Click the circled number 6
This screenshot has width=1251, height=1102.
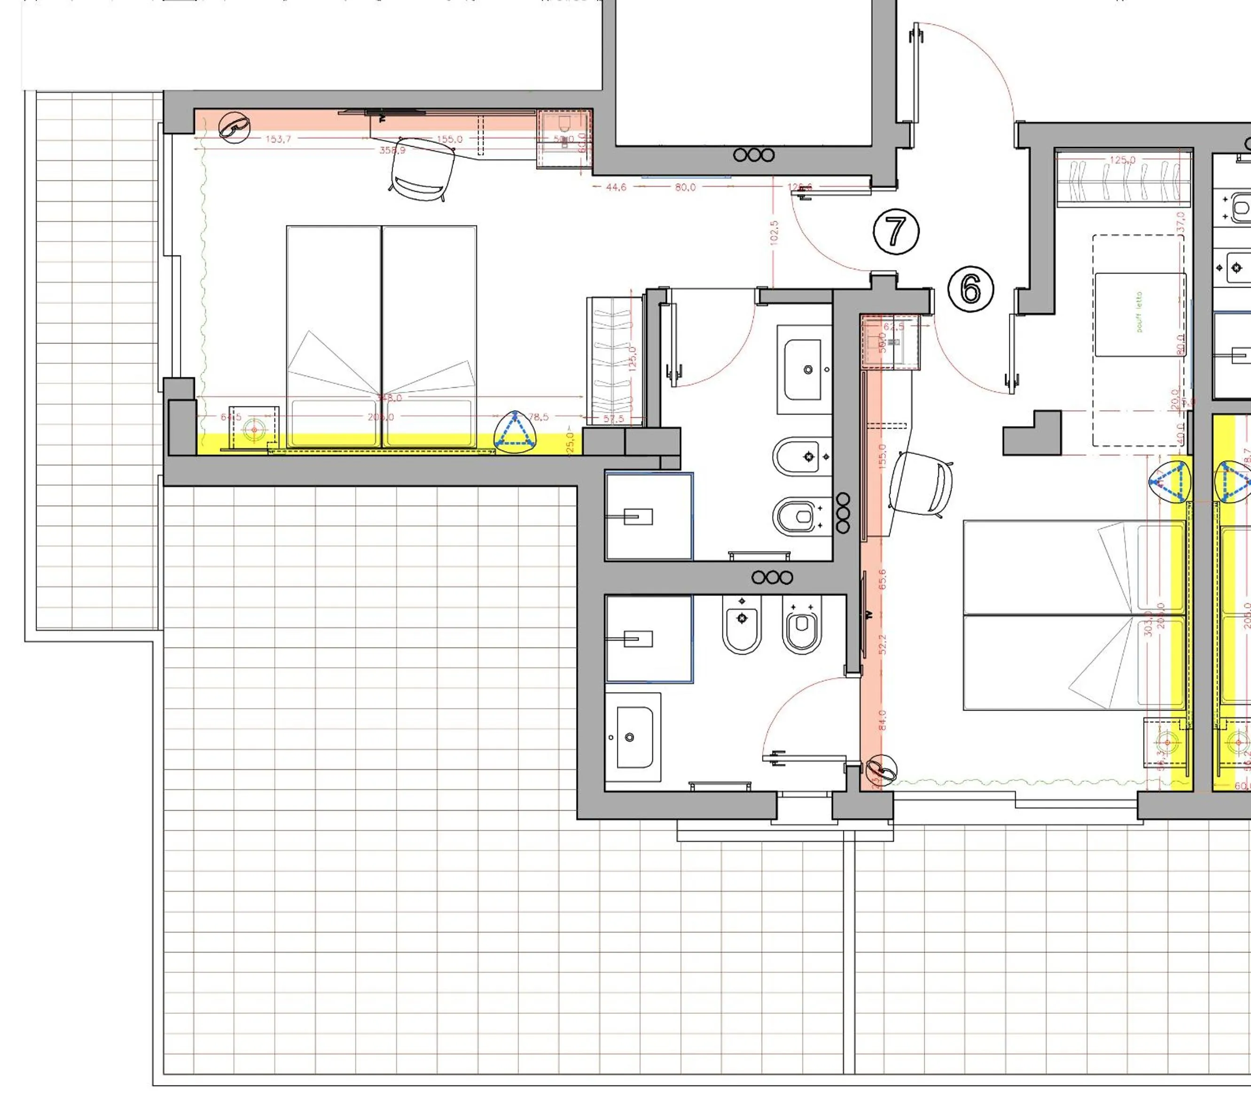tap(971, 289)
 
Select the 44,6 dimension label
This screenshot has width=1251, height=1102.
tap(616, 187)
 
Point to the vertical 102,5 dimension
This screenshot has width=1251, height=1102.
tap(774, 233)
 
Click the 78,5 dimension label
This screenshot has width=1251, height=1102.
tap(538, 417)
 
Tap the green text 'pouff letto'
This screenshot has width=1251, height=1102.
tap(1139, 312)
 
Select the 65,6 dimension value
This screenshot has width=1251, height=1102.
tap(883, 580)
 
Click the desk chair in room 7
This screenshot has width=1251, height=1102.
tap(423, 168)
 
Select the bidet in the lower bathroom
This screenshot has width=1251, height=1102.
tap(742, 626)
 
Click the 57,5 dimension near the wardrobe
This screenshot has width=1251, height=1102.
tap(613, 419)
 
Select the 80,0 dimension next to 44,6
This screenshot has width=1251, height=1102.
tap(685, 187)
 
